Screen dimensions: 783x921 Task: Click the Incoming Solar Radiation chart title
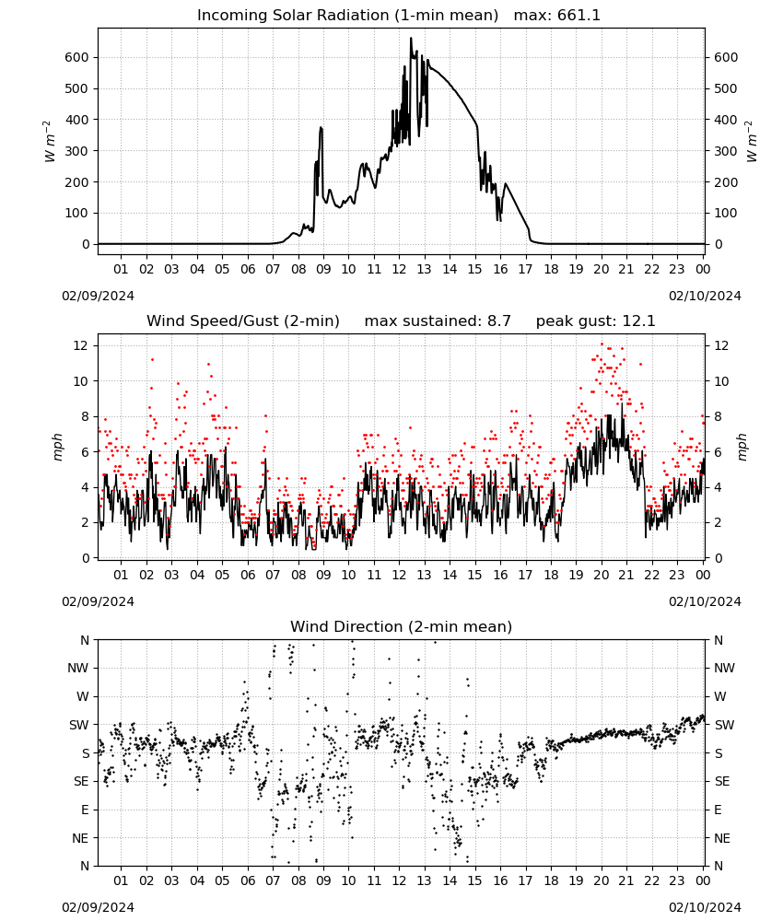[347, 16]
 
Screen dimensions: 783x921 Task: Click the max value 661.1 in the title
[578, 16]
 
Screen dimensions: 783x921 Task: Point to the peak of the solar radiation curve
[411, 38]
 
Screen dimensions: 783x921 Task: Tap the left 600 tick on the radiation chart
[77, 57]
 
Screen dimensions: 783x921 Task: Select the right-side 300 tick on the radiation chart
[726, 151]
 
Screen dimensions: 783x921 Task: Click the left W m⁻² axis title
[50, 142]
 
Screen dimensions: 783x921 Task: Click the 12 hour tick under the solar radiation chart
[399, 269]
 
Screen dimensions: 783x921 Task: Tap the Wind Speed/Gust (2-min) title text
[243, 321]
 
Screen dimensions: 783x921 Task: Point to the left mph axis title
[57, 447]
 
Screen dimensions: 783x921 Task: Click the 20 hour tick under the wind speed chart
[601, 575]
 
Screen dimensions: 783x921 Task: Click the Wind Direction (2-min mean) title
[402, 626]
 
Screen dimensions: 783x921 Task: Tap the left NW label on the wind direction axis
[78, 669]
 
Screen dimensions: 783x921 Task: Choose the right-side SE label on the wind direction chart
[722, 781]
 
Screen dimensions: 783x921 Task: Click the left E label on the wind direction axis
[85, 810]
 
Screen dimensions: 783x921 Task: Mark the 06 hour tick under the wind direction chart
[247, 880]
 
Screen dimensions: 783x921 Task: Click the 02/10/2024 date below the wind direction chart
[705, 907]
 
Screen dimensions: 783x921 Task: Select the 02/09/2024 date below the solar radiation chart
[98, 296]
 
